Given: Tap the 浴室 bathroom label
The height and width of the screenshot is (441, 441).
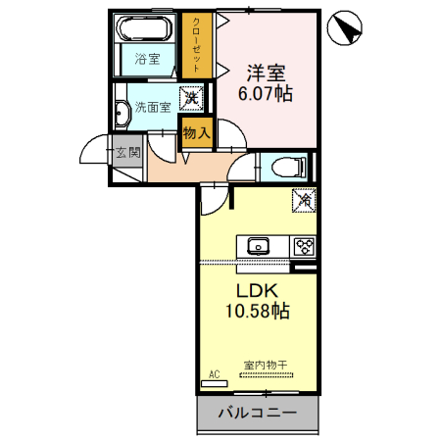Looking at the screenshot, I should tap(148, 60).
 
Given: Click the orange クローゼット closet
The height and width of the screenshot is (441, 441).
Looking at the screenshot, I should tap(197, 45).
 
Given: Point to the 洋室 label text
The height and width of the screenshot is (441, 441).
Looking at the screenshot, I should tap(265, 72).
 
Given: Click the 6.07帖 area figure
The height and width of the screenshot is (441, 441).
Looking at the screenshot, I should tap(265, 95).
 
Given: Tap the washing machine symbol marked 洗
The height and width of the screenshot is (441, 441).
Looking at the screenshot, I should tap(195, 98).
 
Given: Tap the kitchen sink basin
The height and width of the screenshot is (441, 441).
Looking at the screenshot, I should tap(260, 245).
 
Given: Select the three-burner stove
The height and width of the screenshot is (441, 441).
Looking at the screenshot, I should tap(305, 246).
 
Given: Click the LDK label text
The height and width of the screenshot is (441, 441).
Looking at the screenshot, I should tap(258, 290).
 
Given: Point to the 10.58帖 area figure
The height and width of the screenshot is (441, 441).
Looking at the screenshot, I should tap(258, 313).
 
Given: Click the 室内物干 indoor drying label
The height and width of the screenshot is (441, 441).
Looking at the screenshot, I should tap(265, 366).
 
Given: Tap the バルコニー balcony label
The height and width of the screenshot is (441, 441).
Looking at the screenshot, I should tap(257, 414).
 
